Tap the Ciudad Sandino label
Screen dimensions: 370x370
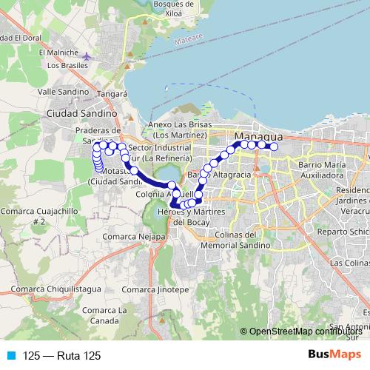(81, 114)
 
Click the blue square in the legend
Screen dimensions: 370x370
(11, 356)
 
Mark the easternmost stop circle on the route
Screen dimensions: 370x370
(274, 147)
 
